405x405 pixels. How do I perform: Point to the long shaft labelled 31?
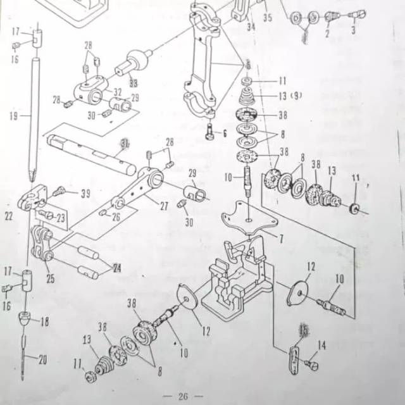pyautogui.click(x=89, y=152)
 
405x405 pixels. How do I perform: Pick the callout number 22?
pyautogui.click(x=9, y=216)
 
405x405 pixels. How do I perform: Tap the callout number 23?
pyautogui.click(x=61, y=218)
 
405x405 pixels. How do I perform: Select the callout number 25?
pyautogui.click(x=50, y=277)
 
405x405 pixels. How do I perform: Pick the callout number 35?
pyautogui.click(x=267, y=18)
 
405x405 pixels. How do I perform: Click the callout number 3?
pyautogui.click(x=353, y=29)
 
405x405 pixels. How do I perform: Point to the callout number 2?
pyautogui.click(x=327, y=34)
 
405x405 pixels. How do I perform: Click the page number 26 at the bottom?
pyautogui.click(x=183, y=396)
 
